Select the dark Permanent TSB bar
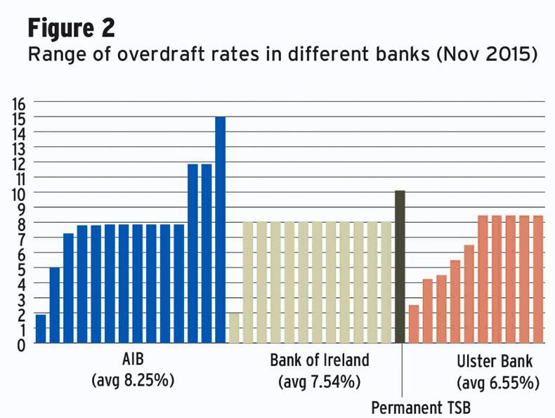(400, 267)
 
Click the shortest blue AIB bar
(41, 329)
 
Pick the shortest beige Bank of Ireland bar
(234, 328)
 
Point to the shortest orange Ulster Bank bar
(414, 324)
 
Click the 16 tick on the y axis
(19, 103)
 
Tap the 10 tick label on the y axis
(19, 192)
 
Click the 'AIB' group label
(132, 361)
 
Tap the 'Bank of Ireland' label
(319, 361)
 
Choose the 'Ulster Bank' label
(495, 363)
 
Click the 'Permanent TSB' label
(420, 407)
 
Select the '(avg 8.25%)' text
(132, 381)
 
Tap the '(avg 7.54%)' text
(319, 382)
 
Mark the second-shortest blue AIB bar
(55, 306)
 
